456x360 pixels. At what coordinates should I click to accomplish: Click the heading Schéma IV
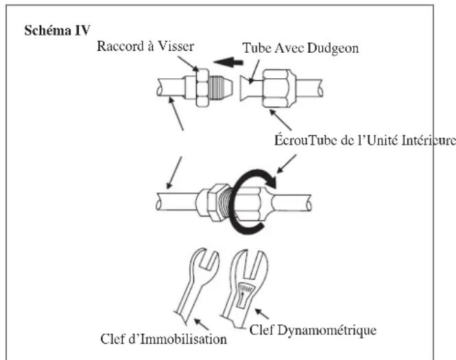(x=57, y=31)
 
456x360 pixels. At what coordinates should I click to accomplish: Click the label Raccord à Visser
(x=145, y=46)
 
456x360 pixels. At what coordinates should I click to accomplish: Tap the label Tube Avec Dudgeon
(x=300, y=48)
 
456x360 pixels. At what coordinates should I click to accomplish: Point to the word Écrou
(x=291, y=141)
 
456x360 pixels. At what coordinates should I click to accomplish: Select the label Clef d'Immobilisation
(x=163, y=339)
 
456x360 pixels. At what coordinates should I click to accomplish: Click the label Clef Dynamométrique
(x=313, y=331)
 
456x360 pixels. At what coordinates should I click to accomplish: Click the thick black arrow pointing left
(x=228, y=62)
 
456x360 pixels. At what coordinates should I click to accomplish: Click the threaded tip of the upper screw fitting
(x=221, y=87)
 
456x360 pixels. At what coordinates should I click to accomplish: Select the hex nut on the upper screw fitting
(x=202, y=88)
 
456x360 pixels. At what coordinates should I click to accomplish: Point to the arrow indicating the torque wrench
(x=262, y=314)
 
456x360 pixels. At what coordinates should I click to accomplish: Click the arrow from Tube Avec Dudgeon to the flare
(x=254, y=72)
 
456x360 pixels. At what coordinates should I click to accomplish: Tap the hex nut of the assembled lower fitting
(x=217, y=203)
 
